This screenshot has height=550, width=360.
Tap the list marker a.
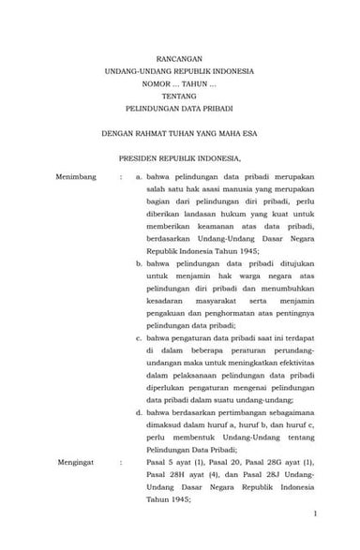(139, 176)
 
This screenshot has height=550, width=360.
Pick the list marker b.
(139, 265)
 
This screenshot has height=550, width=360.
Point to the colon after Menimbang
(121, 176)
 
